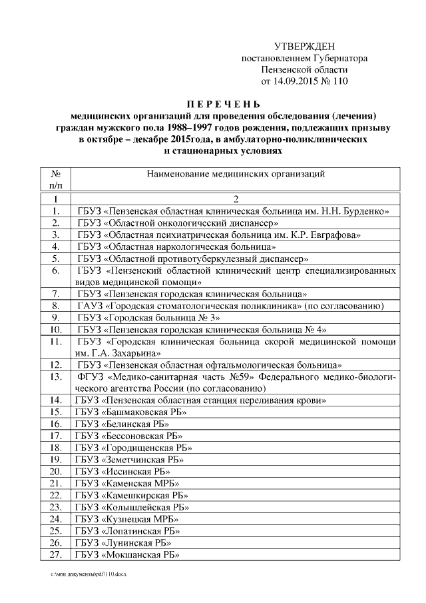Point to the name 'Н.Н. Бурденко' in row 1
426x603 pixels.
coord(357,211)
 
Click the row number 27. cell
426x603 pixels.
coord(57,554)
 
